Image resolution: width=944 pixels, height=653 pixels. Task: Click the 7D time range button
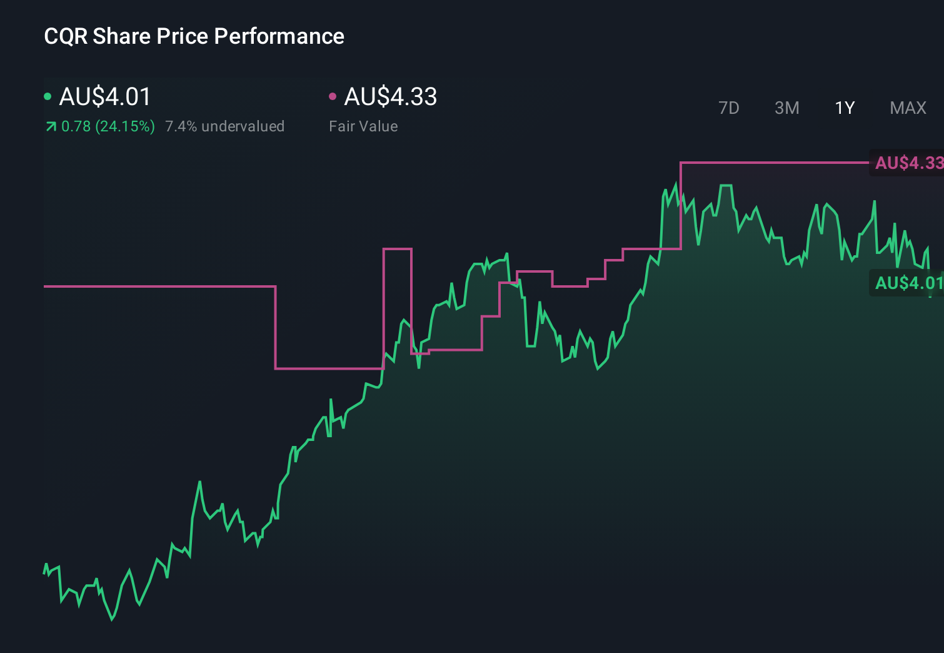pos(728,108)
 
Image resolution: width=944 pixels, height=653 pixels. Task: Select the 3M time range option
pos(786,108)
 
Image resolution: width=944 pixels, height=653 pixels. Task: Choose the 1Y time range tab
pos(845,108)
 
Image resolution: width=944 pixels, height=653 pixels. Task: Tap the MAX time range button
pos(908,108)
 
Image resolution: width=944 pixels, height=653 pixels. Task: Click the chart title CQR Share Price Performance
pos(194,36)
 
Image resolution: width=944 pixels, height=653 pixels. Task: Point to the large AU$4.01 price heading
pos(105,97)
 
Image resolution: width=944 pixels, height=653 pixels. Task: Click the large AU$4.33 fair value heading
pos(390,97)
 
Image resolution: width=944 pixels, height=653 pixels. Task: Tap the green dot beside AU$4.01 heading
pos(48,96)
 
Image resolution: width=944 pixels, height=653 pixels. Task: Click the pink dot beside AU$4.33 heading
pos(333,96)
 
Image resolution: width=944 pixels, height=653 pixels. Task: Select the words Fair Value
pos(363,126)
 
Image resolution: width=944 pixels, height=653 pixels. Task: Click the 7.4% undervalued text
pos(224,126)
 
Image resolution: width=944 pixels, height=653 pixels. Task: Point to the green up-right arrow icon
pos(51,127)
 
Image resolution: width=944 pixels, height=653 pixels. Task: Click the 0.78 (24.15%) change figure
pos(108,126)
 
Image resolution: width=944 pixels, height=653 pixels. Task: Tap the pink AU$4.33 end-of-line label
pos(908,163)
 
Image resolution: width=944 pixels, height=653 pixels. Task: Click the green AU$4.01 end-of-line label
pos(908,283)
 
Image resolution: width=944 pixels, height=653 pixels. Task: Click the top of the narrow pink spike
pos(397,249)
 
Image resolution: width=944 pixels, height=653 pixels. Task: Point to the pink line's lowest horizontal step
pos(329,368)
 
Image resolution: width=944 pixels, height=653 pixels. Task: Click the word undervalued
pos(243,126)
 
